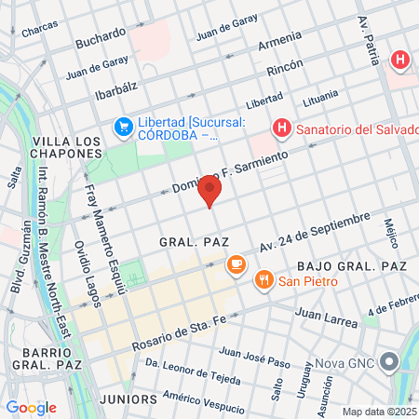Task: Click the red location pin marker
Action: point(209,191)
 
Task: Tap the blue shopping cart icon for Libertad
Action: point(122,126)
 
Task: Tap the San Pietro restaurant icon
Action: point(265,277)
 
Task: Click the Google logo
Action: point(31,407)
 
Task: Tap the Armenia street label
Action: point(280,44)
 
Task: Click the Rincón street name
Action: point(285,70)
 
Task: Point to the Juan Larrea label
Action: point(326,319)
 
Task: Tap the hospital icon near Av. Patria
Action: point(400,61)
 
